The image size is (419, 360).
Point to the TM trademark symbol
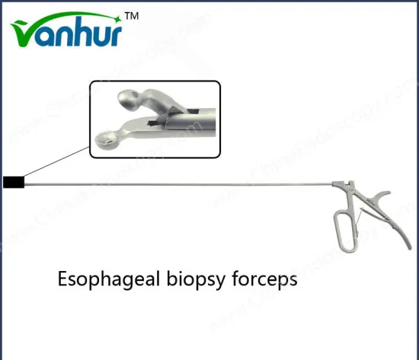[131, 15]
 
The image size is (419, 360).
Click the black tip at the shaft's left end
[14, 181]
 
